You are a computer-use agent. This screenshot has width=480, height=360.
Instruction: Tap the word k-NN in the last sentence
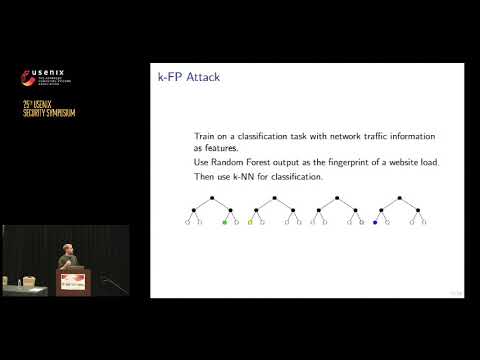coord(248,177)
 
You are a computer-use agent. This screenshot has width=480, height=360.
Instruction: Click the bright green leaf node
coord(225,220)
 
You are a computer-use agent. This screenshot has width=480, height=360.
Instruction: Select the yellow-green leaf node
coord(250,220)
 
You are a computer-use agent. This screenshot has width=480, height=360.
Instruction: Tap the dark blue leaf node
coord(374,220)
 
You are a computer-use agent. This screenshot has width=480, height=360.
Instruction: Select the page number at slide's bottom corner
coord(454,292)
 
